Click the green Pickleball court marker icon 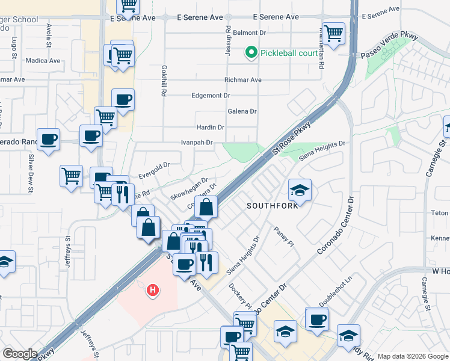pos(251,53)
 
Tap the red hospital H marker pos(153,291)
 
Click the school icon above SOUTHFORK pos(300,190)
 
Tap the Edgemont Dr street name pos(211,96)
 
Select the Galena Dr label pos(242,111)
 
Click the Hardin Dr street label pos(211,128)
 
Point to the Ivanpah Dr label pos(197,143)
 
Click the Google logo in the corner pos(20,354)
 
